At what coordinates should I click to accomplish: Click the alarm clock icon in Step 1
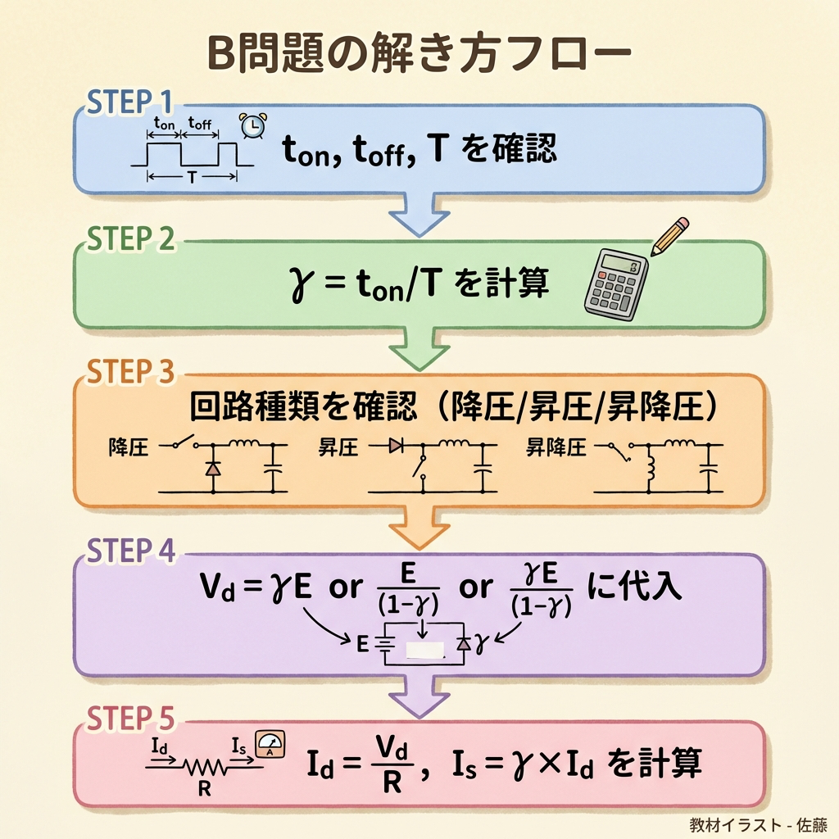tap(252, 126)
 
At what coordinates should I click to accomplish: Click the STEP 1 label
tap(130, 102)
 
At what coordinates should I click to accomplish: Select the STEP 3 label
tap(131, 372)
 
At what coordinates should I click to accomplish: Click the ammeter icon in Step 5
tap(270, 745)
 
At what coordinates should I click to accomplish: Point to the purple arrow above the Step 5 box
tap(419, 697)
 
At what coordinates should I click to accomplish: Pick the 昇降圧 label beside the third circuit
tap(556, 447)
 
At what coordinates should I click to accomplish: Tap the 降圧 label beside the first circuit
tap(129, 447)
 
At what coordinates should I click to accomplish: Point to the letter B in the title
tap(220, 57)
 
